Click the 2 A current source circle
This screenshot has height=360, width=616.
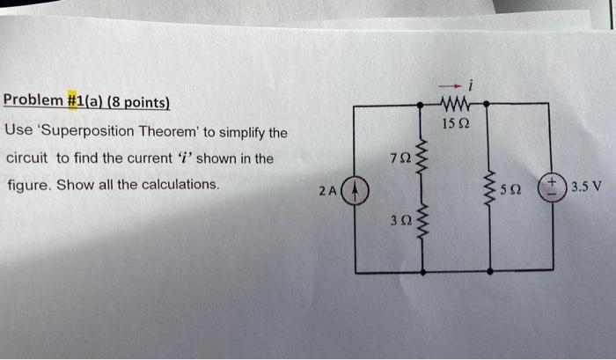point(355,190)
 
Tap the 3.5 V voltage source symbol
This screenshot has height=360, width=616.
point(552,187)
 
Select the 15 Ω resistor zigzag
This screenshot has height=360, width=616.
point(455,104)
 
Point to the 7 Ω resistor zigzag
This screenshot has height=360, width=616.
point(422,158)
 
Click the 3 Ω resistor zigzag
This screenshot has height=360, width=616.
point(422,221)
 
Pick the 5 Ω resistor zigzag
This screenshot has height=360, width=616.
point(489,189)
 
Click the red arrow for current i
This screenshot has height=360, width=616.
point(450,85)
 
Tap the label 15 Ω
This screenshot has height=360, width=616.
point(456,124)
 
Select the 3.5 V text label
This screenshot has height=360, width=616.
point(586,186)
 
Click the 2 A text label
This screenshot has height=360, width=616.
point(327,191)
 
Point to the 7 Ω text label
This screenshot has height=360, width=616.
point(400,158)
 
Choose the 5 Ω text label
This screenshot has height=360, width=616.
point(511,189)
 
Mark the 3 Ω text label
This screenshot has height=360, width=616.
point(401,221)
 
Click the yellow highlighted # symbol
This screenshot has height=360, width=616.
point(72,100)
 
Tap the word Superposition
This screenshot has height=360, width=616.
point(88,131)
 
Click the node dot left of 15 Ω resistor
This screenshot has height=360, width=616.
point(420,105)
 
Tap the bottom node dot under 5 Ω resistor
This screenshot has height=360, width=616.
point(490,271)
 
